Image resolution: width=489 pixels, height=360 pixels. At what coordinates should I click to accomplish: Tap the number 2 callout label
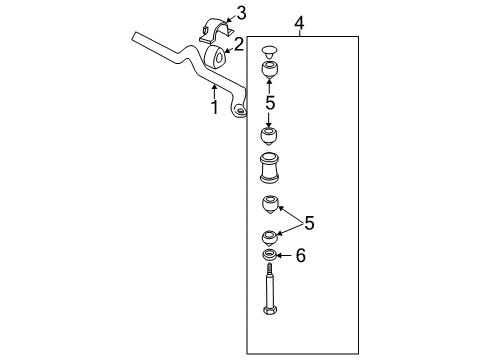coord(239,43)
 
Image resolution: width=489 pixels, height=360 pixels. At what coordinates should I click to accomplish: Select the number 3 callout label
coord(240,13)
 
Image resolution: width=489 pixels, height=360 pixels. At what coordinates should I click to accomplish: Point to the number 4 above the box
coord(299,21)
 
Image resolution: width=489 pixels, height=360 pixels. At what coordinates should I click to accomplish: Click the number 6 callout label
coord(300,257)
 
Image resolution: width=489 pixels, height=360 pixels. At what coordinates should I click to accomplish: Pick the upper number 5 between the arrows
coord(269,102)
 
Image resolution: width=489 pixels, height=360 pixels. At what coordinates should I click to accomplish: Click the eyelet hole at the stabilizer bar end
coord(239,110)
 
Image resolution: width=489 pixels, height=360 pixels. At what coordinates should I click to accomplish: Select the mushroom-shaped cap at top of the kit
coord(268,51)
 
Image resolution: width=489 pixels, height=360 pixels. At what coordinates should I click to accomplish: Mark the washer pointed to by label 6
coord(269,256)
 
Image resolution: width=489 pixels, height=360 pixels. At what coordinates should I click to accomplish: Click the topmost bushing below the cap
coord(269,71)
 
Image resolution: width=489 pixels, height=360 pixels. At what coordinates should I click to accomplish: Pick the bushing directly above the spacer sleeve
coord(269,135)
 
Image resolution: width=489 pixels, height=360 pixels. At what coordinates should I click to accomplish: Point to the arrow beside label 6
coord(284,257)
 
